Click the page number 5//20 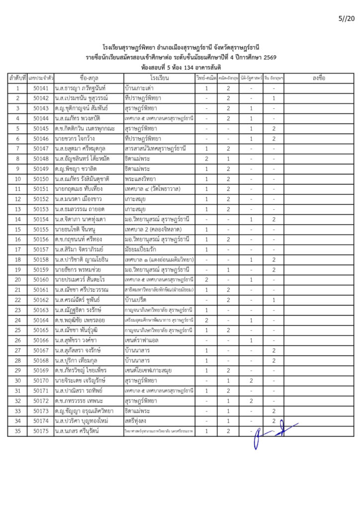(x=346, y=19)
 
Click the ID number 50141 (x=41, y=88)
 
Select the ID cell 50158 (x=41, y=259)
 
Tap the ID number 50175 (x=41, y=431)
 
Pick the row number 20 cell (x=17, y=280)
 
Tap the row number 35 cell (x=17, y=431)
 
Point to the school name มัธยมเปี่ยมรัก (x=142, y=250)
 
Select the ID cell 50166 (x=41, y=340)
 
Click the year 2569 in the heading (x=270, y=58)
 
